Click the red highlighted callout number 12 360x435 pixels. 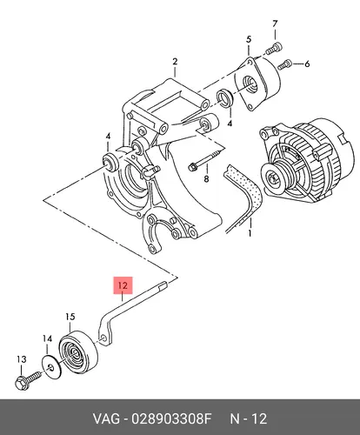[123, 285]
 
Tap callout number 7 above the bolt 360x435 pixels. [275, 23]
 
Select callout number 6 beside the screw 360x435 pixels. [307, 64]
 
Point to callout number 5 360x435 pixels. [249, 39]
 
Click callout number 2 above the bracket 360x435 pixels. [175, 62]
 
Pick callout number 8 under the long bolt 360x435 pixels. [206, 179]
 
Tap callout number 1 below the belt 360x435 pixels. [250, 233]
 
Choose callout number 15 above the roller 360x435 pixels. [70, 317]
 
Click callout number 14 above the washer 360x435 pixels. [47, 338]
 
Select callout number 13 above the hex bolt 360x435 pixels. [22, 359]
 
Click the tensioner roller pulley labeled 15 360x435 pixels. [78, 351]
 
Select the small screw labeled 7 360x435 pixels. [274, 48]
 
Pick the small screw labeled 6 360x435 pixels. [284, 64]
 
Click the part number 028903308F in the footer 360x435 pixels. [171, 418]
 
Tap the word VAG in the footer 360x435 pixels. [106, 418]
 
